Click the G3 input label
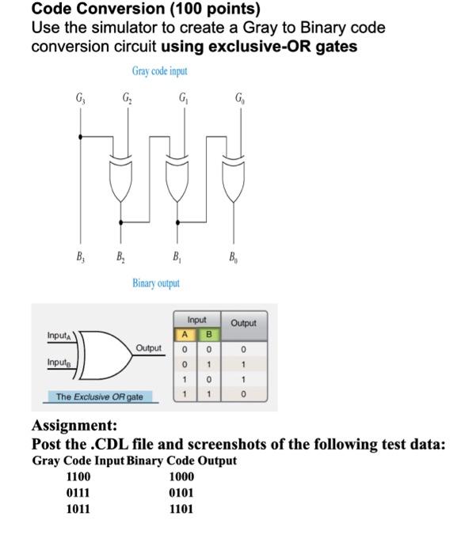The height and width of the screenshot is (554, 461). click(78, 101)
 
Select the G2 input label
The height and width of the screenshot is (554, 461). click(127, 101)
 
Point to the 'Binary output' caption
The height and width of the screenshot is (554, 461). click(156, 283)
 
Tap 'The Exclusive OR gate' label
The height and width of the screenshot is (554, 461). click(101, 396)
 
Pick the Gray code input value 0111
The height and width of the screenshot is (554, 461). click(78, 492)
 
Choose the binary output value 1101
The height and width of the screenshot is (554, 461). click(181, 509)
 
